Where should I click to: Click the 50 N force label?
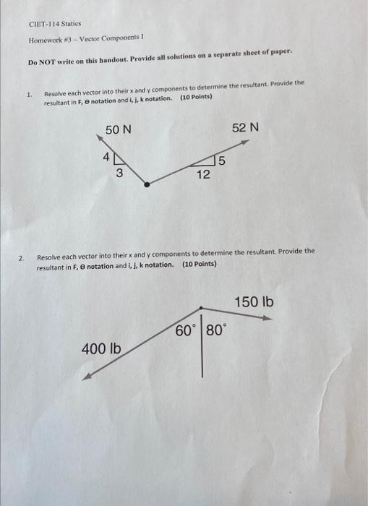(118, 130)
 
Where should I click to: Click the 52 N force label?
(245, 127)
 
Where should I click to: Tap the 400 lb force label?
(101, 349)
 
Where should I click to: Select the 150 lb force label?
(254, 301)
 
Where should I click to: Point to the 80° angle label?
(215, 331)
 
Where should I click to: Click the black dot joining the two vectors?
(147, 184)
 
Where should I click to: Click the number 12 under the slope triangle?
(203, 173)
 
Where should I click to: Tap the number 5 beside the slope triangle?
(222, 160)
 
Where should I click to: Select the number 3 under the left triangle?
(119, 173)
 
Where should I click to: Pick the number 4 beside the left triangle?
(106, 156)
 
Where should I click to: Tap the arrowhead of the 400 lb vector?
(85, 377)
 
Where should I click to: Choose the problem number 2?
(22, 257)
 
